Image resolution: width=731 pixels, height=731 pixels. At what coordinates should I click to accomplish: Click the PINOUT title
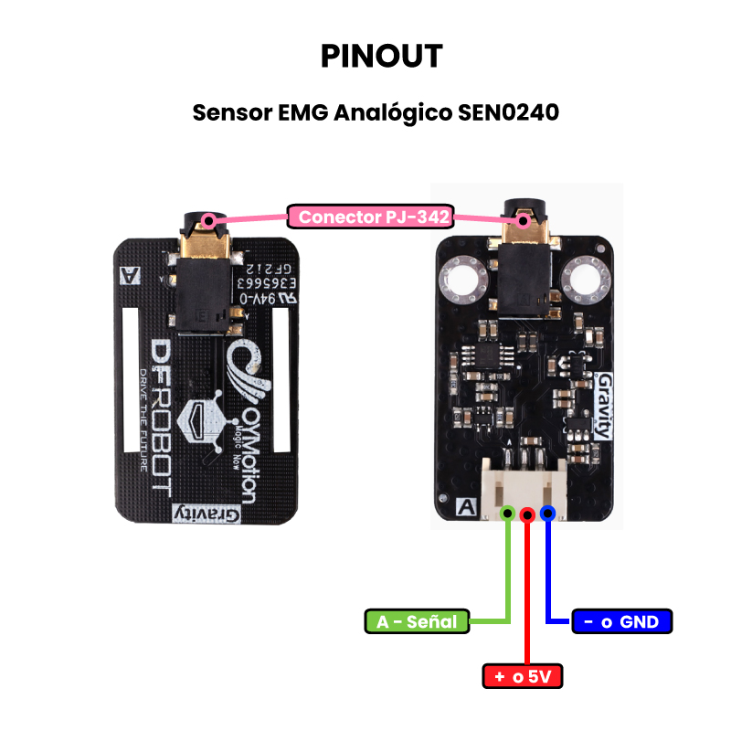(382, 56)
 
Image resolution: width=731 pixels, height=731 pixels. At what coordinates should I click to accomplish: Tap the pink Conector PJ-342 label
(371, 217)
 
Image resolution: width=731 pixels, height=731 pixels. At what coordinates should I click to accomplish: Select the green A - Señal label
(417, 621)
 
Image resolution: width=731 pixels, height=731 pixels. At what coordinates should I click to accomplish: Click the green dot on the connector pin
(507, 514)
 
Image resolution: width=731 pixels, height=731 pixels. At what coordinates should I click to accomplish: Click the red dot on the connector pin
(527, 515)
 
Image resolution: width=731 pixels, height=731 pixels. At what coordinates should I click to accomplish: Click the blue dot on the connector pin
(547, 514)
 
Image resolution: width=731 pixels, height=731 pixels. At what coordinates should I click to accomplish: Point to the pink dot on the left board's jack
(209, 219)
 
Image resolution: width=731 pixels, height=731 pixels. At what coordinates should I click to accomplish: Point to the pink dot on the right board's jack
(522, 219)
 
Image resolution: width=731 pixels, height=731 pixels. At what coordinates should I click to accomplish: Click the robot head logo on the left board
(207, 418)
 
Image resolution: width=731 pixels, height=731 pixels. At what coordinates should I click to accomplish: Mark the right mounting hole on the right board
(585, 279)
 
